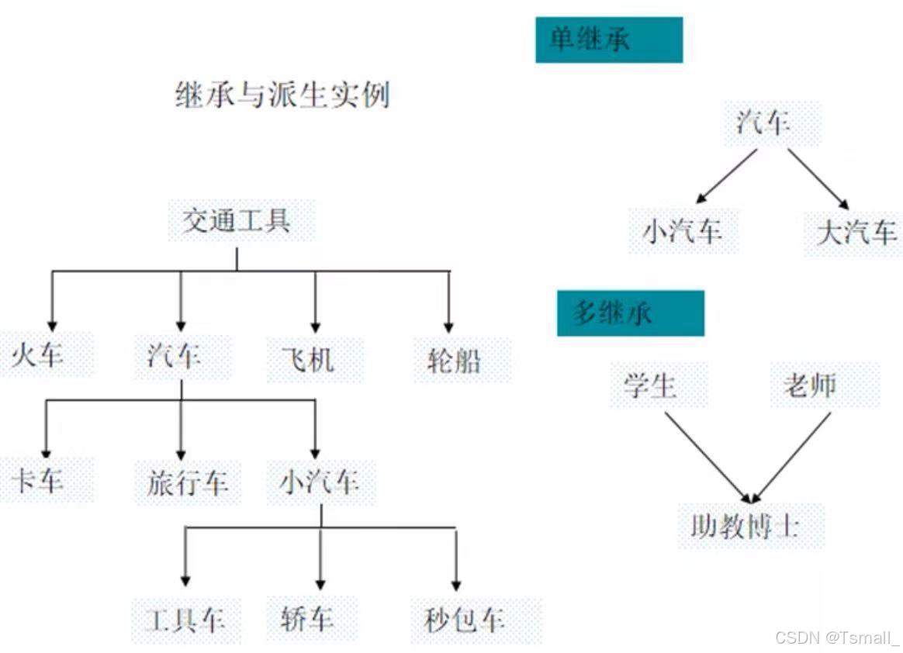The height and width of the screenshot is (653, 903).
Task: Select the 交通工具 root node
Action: coord(237,221)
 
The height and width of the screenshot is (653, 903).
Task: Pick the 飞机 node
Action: coord(308,360)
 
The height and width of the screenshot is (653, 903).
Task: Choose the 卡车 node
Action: coord(37,481)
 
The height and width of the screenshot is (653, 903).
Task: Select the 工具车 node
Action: coord(185,620)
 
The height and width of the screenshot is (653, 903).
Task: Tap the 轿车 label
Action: coord(308,619)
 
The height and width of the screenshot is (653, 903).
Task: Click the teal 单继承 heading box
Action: coord(609,40)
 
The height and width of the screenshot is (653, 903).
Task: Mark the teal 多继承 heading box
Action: coord(630,313)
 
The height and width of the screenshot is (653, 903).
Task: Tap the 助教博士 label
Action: coord(745,527)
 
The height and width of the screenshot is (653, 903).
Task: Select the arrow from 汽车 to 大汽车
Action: coord(818,178)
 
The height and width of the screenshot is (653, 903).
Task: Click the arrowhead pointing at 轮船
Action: coord(449,326)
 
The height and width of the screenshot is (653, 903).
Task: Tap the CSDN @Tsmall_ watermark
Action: coord(836,637)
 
